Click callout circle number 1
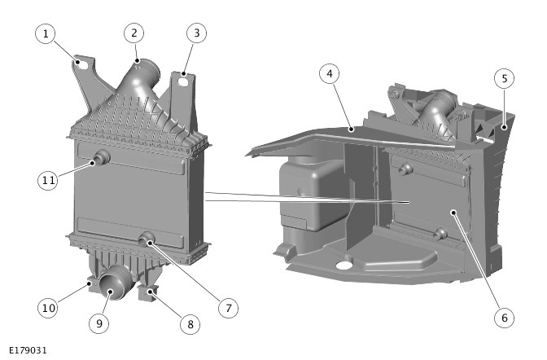point(46,33)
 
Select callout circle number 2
point(134,33)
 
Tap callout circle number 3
point(196,33)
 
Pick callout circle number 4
point(330,73)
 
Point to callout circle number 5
point(505,78)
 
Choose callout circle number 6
point(505,318)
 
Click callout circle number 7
point(228,308)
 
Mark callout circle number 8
point(190,324)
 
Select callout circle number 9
point(99,323)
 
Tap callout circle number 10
point(48,308)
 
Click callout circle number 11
point(48,180)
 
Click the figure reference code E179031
point(28,350)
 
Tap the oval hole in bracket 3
point(183,82)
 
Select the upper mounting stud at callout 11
point(101,158)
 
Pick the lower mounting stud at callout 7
point(147,239)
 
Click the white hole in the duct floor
point(344,265)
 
